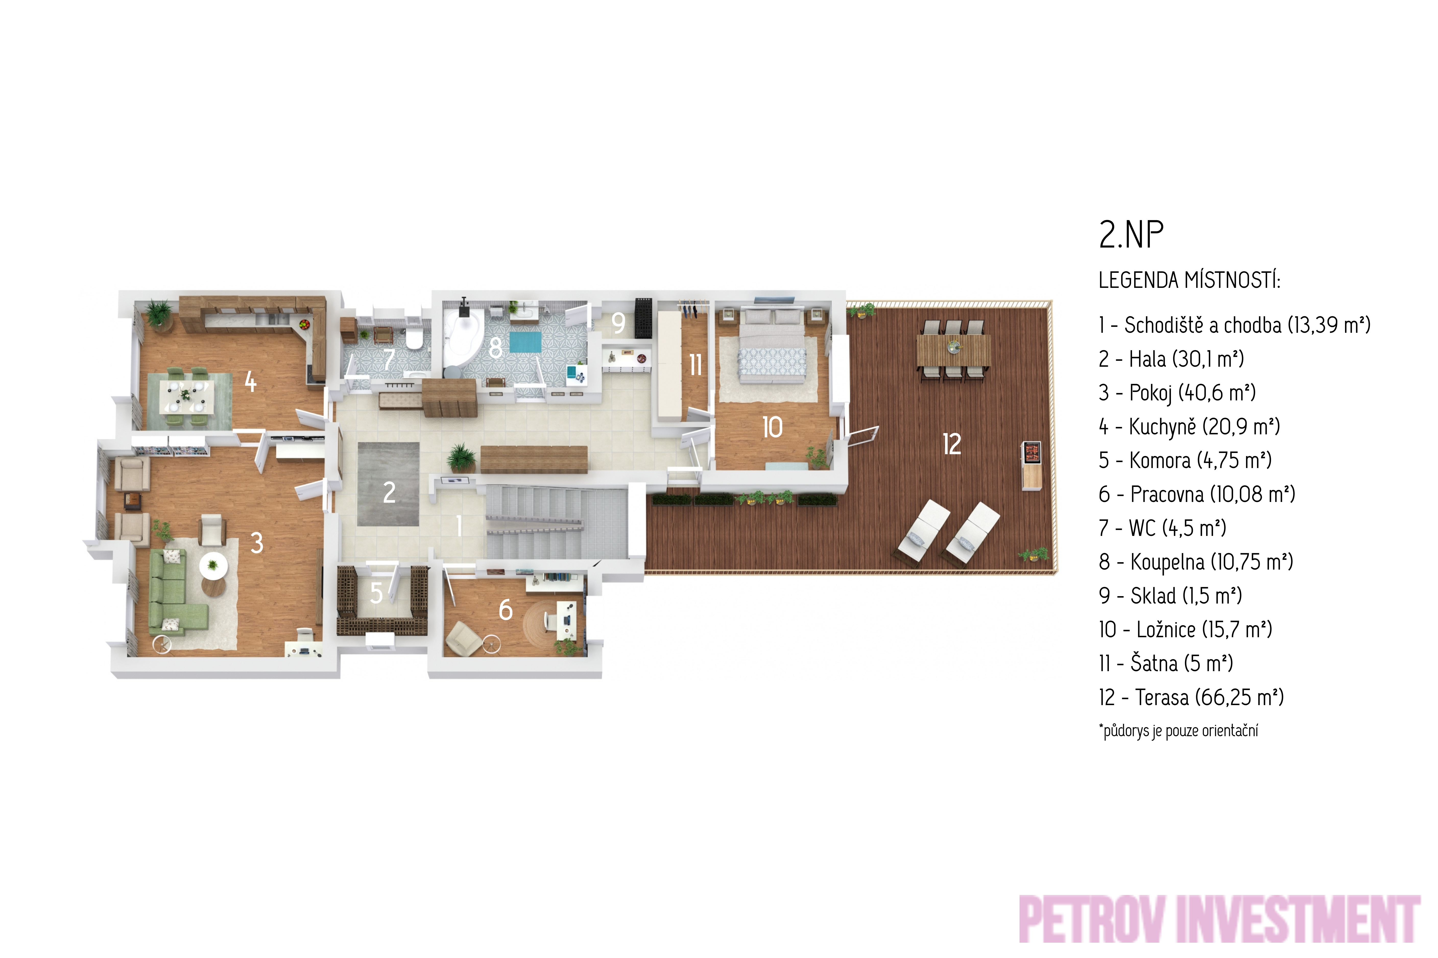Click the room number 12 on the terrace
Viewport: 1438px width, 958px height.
[952, 444]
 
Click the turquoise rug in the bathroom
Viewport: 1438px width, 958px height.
[525, 342]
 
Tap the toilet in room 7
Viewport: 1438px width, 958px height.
[414, 338]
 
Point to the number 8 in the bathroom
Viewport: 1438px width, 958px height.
[496, 348]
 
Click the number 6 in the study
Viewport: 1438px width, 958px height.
[505, 610]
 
